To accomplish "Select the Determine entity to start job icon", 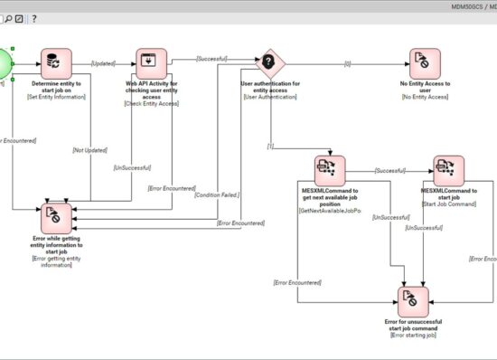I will [x=58, y=63].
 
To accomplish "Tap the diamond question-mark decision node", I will [x=267, y=63].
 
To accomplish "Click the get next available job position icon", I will [x=330, y=171].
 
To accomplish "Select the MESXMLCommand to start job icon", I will [x=448, y=171].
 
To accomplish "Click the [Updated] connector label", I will [x=103, y=63].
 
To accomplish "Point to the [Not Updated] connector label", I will [x=89, y=148].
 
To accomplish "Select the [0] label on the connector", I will [x=347, y=63].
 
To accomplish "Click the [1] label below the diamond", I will [x=269, y=146].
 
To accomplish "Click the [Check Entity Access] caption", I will [x=150, y=103].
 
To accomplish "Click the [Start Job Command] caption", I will [x=448, y=204].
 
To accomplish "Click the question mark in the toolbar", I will [x=34, y=18].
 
